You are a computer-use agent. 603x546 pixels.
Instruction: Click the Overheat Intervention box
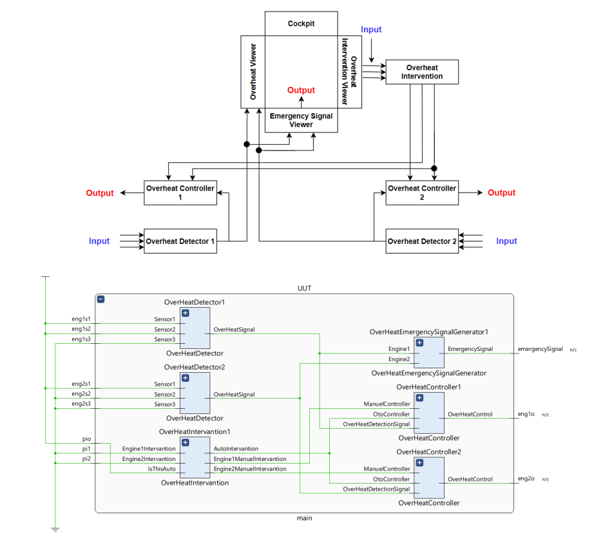(421, 71)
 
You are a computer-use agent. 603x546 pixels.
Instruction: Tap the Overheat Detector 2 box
(422, 241)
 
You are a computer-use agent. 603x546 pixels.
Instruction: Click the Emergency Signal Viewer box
(301, 120)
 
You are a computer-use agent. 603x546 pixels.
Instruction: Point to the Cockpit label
(301, 24)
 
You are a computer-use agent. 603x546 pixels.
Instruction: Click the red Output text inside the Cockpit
(301, 90)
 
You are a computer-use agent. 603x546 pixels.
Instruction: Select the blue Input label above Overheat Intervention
(371, 30)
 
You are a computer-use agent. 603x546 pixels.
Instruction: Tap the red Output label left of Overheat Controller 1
(100, 193)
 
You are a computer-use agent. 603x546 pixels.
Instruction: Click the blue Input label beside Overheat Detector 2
(506, 241)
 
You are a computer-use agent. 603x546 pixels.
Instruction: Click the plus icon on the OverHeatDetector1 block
(186, 313)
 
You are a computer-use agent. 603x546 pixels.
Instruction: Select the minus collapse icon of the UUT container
(101, 299)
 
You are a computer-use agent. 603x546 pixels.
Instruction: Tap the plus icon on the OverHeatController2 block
(419, 463)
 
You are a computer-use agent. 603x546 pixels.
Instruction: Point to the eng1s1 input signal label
(81, 319)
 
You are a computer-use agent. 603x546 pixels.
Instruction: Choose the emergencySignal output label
(540, 349)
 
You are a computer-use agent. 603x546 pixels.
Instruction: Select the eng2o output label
(526, 479)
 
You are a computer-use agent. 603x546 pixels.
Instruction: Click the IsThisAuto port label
(160, 469)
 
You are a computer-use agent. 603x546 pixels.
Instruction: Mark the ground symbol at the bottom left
(55, 529)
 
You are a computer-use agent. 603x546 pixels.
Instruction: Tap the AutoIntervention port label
(236, 449)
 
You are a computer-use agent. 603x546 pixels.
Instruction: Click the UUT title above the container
(304, 288)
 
